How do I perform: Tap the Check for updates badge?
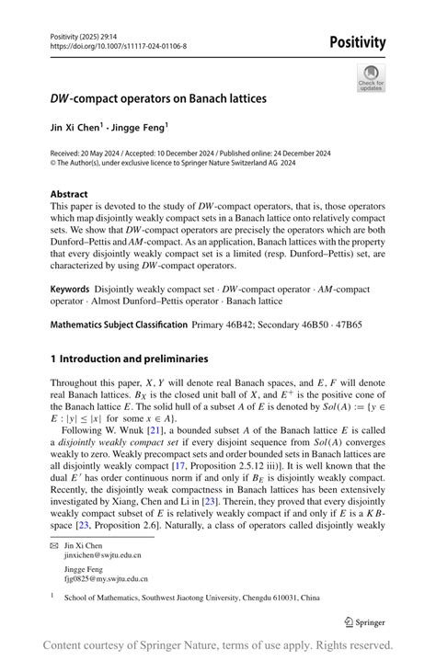(371, 77)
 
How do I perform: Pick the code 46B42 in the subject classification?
(243, 325)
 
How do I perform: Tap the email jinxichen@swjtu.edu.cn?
(102, 555)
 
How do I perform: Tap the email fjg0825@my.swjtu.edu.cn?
(105, 579)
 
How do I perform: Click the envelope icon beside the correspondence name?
(54, 545)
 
